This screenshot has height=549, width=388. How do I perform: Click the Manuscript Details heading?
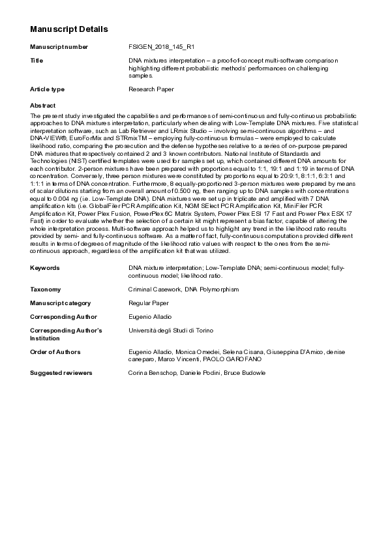point(68,29)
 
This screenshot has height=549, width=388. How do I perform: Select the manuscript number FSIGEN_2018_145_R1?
point(161,48)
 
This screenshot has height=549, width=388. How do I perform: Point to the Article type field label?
point(48,89)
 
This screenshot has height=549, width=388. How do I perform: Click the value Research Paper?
point(151,89)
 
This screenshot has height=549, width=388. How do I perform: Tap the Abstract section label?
point(43,105)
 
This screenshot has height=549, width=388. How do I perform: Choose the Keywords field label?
point(45,268)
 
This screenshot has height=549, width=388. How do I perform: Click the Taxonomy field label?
point(46,289)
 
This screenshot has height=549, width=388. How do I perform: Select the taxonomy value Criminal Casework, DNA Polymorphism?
point(184,289)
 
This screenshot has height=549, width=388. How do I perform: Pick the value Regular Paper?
point(149,303)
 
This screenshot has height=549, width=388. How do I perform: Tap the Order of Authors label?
point(55,351)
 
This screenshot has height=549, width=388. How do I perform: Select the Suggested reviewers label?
point(61,372)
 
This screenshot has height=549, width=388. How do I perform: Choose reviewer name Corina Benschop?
point(151,372)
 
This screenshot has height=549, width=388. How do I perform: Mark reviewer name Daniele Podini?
point(200,372)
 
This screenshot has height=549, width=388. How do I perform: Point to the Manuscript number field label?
point(59,48)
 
